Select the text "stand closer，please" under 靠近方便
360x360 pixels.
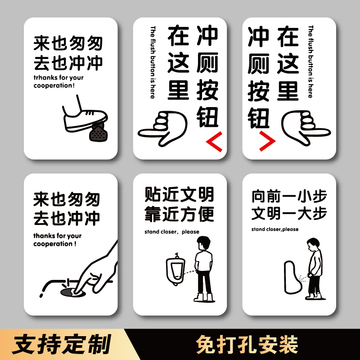(171, 232)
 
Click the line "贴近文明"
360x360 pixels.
(179, 195)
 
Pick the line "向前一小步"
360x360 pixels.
(289, 196)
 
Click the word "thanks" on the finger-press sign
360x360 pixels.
(44, 236)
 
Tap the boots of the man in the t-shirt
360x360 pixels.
(203, 297)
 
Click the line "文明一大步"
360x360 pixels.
(289, 213)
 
